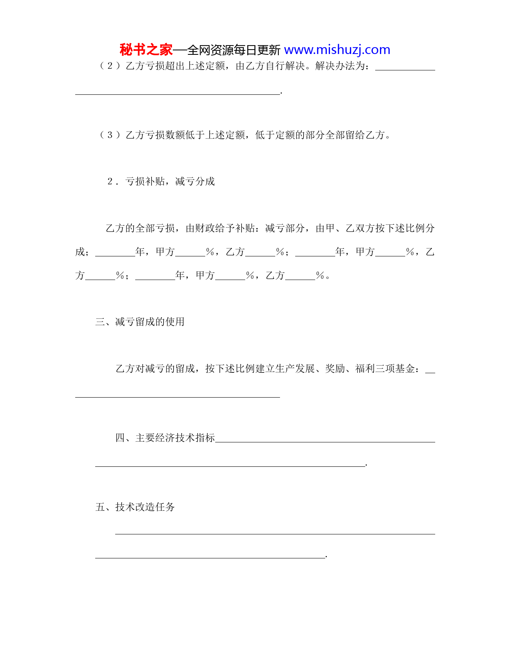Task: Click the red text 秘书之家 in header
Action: pyautogui.click(x=146, y=50)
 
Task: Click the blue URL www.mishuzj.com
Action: pyautogui.click(x=337, y=50)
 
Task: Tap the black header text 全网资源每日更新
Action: pyautogui.click(x=234, y=50)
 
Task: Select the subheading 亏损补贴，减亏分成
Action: pyautogui.click(x=170, y=182)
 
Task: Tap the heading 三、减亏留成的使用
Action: pyautogui.click(x=140, y=322)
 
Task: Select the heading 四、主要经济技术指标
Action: pyautogui.click(x=165, y=438)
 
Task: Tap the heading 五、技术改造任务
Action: pyautogui.click(x=135, y=507)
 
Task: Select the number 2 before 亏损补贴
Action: pyautogui.click(x=110, y=182)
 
